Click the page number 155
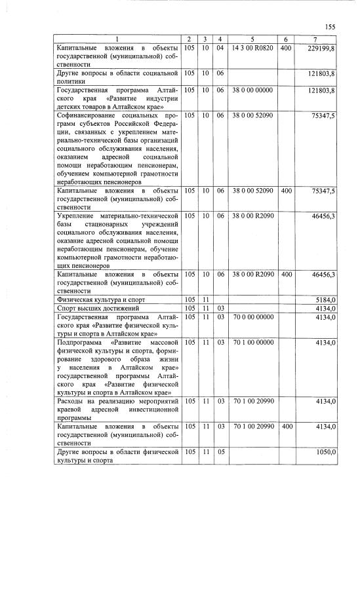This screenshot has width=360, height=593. click(330, 27)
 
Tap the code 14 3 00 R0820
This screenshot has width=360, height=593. click(249, 48)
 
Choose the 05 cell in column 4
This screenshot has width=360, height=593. click(220, 452)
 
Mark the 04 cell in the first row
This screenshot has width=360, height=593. click(220, 48)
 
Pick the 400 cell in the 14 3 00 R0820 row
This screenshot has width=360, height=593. click(286, 48)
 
